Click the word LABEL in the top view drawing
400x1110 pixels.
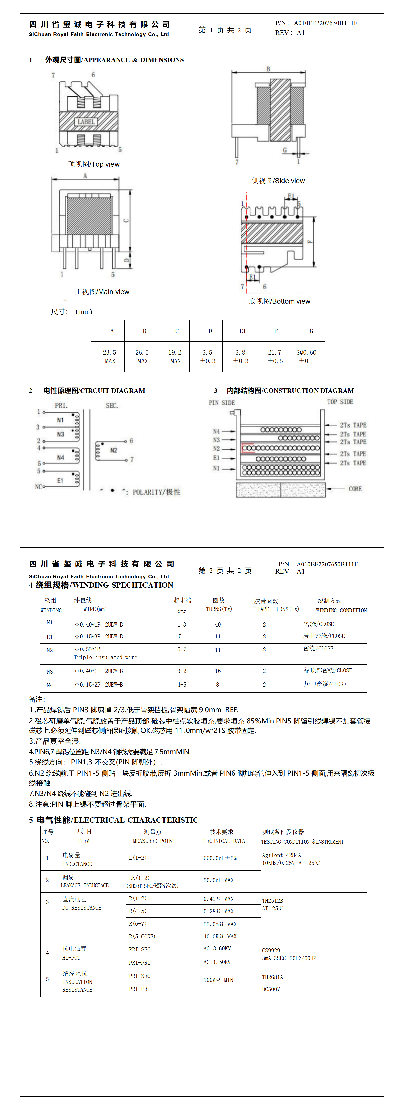coord(86,122)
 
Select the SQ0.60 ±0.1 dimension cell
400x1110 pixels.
coord(306,356)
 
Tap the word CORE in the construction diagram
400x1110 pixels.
coord(355,489)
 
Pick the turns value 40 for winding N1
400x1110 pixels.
coord(218,624)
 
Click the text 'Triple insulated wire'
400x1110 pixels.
coord(106,657)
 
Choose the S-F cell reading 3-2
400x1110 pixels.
coord(182,671)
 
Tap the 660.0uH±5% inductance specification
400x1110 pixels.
coord(220,858)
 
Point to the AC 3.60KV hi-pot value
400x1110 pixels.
coord(217,948)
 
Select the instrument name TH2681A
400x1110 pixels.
coord(272,977)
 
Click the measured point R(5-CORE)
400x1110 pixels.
coord(142,936)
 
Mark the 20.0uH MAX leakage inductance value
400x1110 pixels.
coord(218,880)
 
